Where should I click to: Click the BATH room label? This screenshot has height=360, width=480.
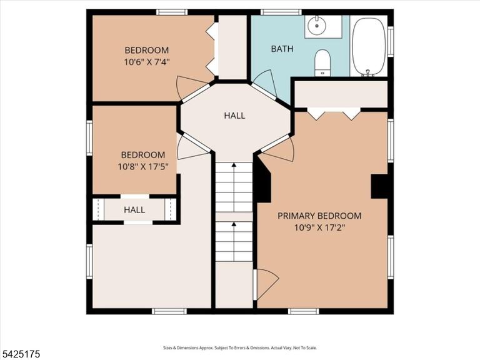(282, 49)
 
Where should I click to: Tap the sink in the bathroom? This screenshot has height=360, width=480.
(316, 25)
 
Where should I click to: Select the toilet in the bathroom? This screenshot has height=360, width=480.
(322, 62)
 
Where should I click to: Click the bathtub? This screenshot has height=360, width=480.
(369, 47)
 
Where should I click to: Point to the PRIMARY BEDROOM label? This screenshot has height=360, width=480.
(319, 216)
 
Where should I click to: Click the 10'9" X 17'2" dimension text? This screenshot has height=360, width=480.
(319, 227)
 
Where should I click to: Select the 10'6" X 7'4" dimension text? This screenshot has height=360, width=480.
(147, 62)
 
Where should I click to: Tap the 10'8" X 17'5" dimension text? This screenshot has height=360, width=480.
(143, 167)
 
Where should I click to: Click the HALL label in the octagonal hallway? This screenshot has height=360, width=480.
(234, 116)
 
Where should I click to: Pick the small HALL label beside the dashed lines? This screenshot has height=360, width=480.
(134, 210)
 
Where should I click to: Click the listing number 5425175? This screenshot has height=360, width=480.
(20, 354)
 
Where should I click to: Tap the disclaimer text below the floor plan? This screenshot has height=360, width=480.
(240, 347)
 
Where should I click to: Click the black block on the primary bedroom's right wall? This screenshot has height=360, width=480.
(379, 186)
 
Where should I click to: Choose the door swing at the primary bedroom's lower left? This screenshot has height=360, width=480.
(267, 284)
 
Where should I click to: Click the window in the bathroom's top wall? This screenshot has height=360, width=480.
(279, 12)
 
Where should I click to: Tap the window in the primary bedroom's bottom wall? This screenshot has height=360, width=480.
(303, 311)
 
